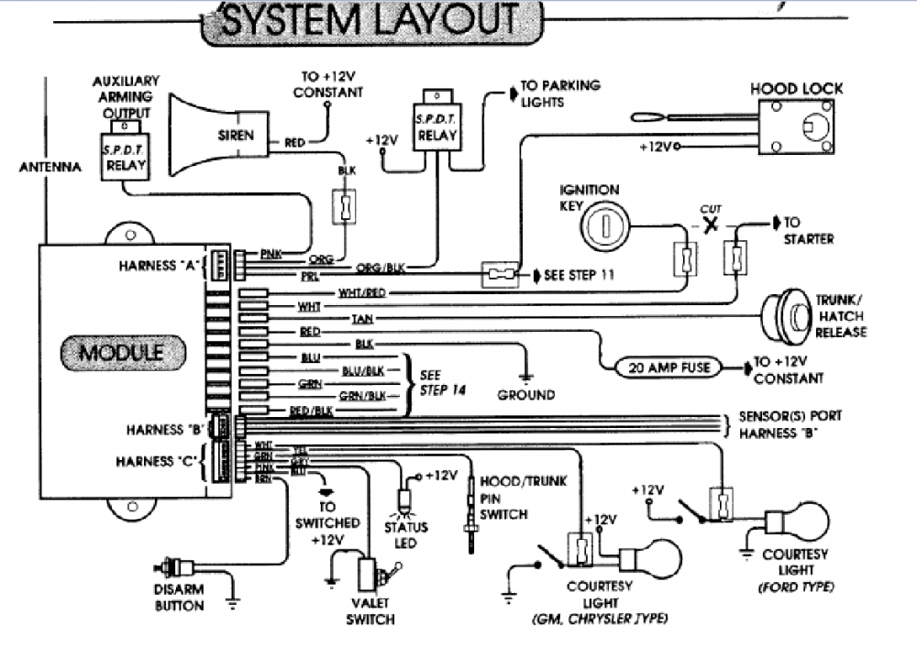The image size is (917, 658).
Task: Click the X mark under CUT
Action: click(709, 225)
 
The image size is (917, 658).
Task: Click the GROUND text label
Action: click(526, 395)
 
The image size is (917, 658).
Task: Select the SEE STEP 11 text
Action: click(580, 275)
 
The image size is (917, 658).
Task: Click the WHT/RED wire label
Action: click(361, 292)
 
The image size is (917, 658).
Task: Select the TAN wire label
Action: click(361, 318)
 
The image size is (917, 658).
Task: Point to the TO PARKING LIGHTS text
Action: click(560, 93)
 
